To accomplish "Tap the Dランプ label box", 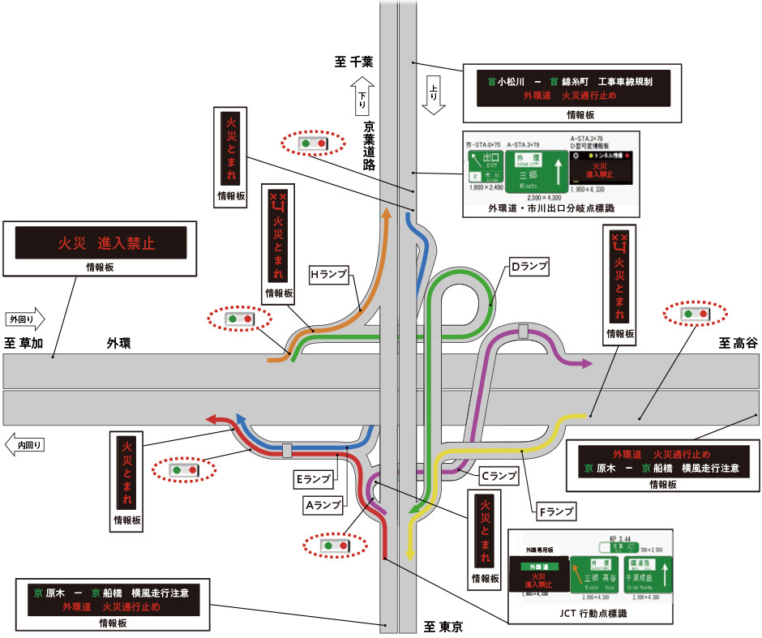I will (x=529, y=265).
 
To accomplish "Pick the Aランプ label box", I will (x=323, y=504).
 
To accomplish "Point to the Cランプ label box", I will (x=497, y=477).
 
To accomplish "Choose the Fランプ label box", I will (x=555, y=512).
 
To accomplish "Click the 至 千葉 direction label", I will (x=353, y=62).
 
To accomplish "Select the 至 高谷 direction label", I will (x=738, y=344).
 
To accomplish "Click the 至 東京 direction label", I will (x=443, y=626).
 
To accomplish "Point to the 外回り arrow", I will (x=24, y=319).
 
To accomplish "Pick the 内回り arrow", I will (x=24, y=444).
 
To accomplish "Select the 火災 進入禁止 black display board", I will (x=101, y=243).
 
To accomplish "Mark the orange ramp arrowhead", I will (x=387, y=213).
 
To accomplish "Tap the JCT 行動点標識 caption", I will (x=588, y=613).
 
